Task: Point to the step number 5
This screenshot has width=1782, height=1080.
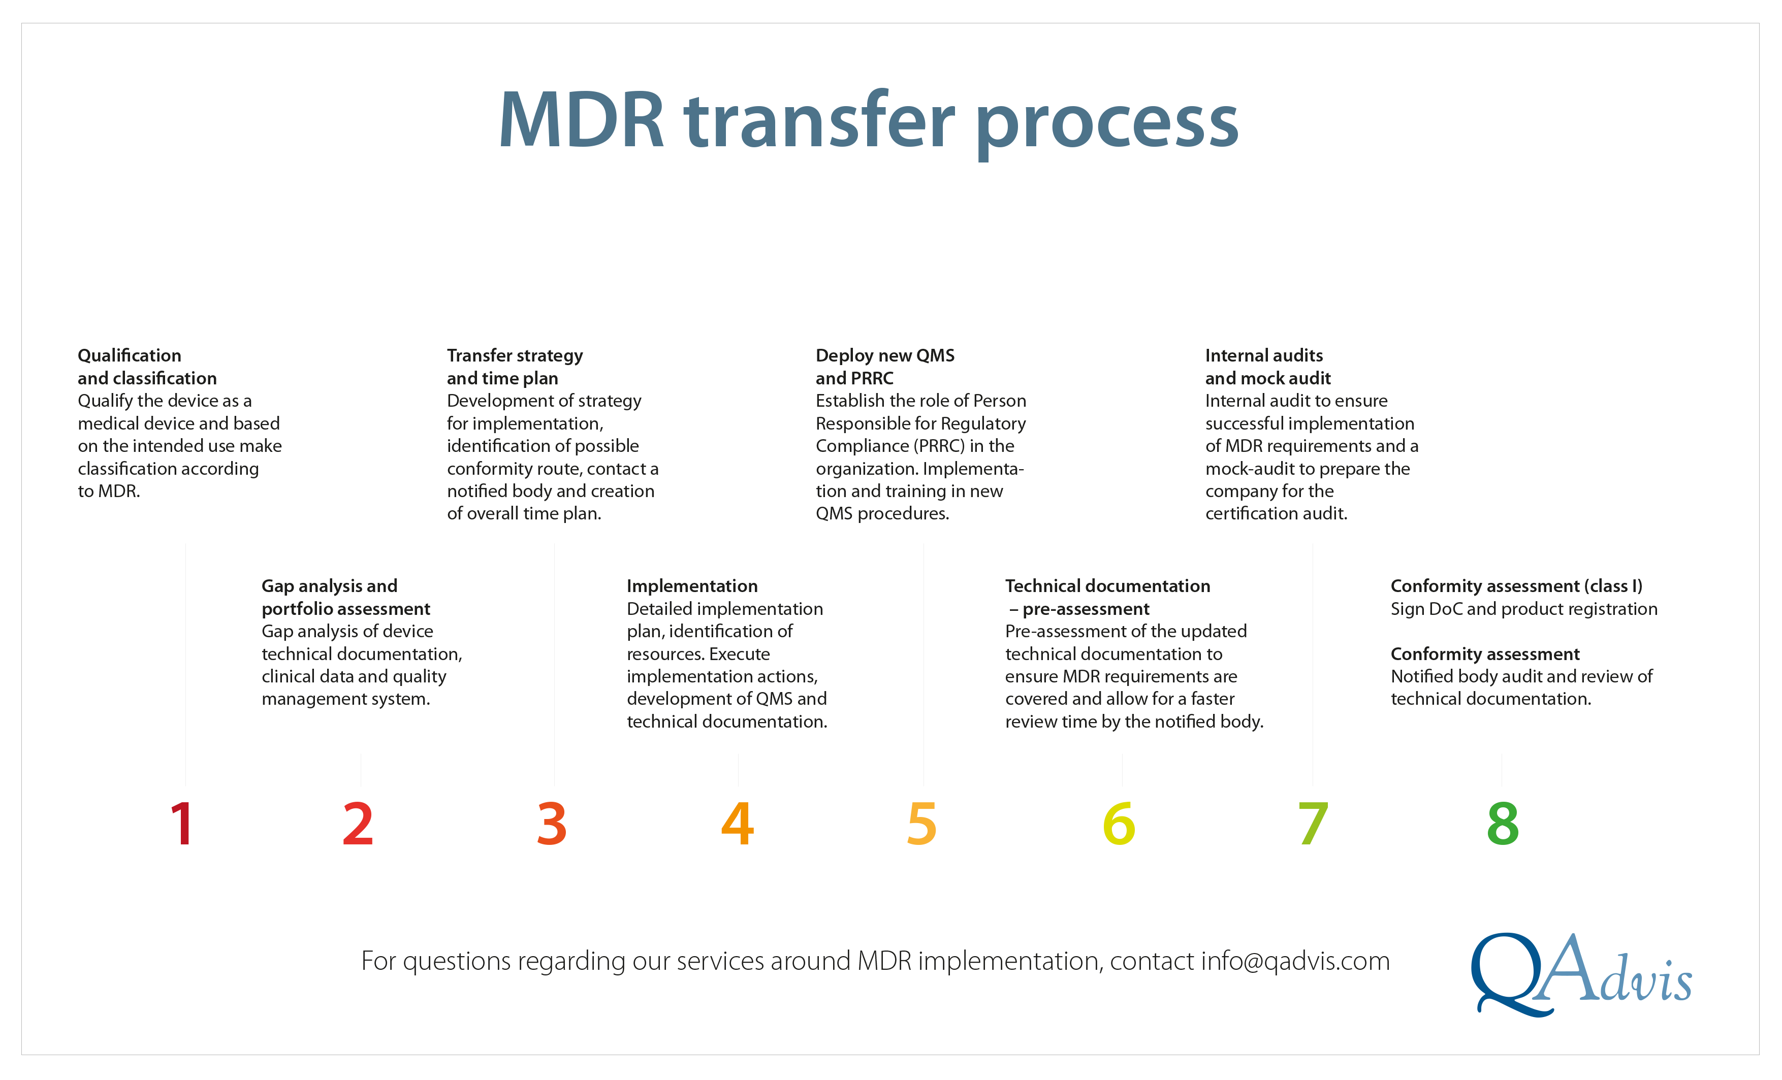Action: (x=922, y=824)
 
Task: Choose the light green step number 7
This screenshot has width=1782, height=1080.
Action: (x=1313, y=824)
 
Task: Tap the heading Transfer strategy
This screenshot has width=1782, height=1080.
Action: (x=515, y=355)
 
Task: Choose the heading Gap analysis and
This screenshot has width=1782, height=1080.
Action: (x=329, y=586)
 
